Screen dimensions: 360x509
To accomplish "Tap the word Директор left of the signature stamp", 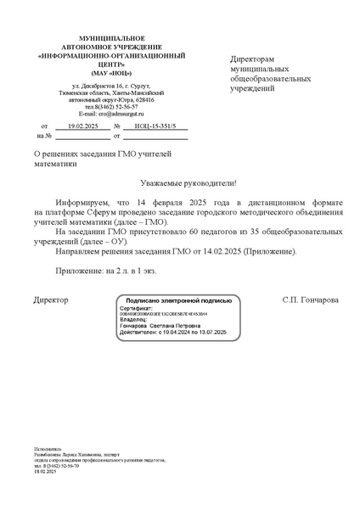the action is [50, 299].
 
